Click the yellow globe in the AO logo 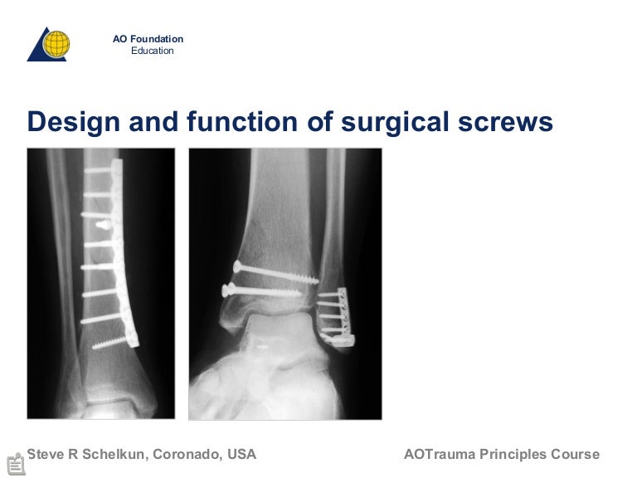click(56, 43)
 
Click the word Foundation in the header click(157, 39)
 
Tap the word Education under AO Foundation click(153, 51)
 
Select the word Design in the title click(67, 122)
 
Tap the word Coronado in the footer click(189, 454)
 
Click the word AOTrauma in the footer click(440, 454)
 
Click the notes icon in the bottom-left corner click(15, 464)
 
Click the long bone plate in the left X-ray click(123, 249)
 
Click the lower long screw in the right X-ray click(261, 291)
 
